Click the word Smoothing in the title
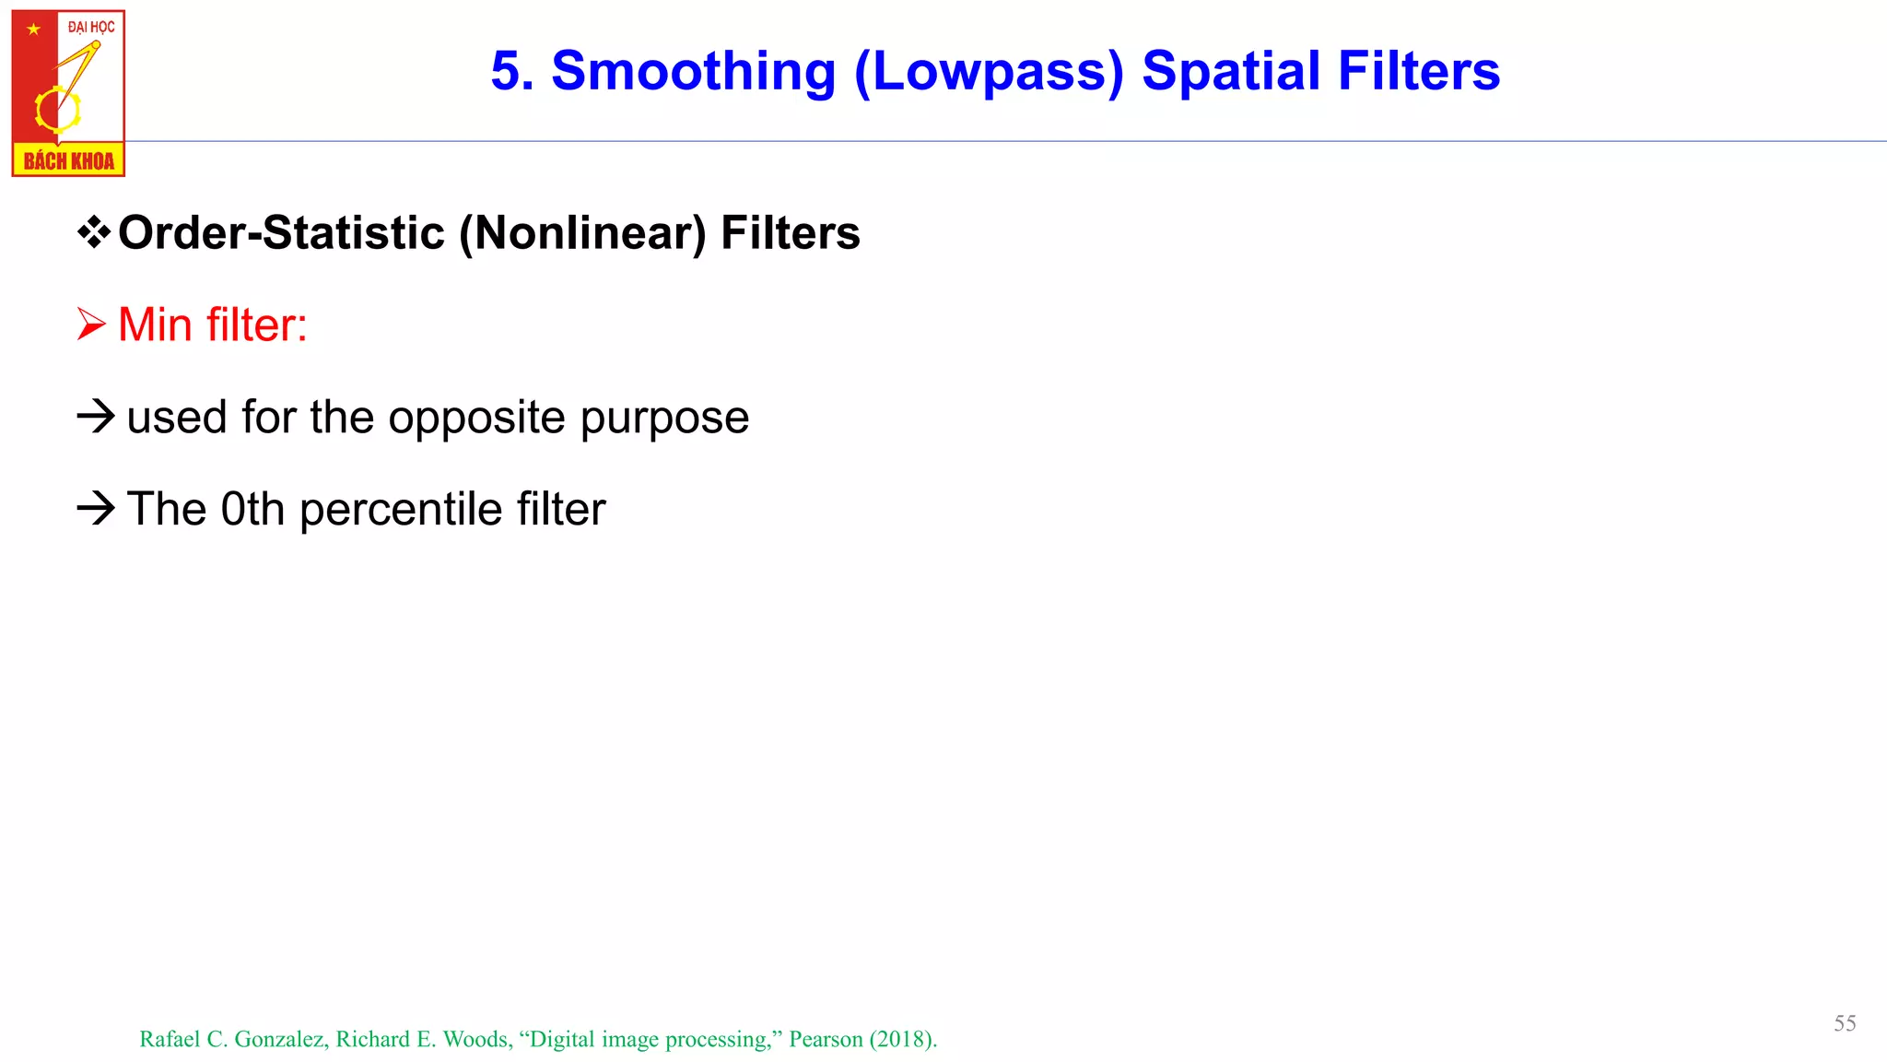pos(693,72)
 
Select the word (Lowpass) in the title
pos(989,72)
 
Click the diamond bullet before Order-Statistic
pos(93,232)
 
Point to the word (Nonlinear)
pos(582,233)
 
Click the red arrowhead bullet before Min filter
pos(91,324)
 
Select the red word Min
pos(156,324)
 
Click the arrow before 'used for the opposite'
pos(96,417)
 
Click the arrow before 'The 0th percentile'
pos(96,508)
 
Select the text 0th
pos(252,509)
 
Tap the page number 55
pos(1845,1023)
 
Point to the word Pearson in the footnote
pos(826,1040)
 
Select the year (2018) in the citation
pos(903,1040)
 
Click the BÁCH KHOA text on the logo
pos(69,161)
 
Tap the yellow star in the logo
pos(34,29)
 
